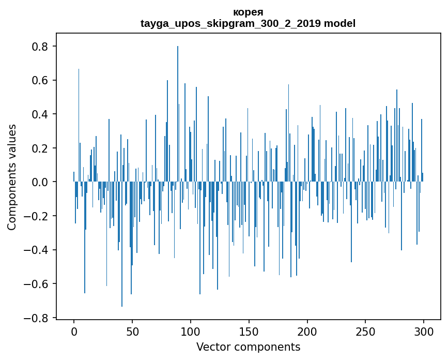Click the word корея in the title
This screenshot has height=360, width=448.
tap(248, 12)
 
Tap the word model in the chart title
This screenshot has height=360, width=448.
tap(339, 23)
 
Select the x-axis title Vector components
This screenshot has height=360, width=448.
tap(248, 347)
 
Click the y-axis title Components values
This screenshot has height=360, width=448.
tap(12, 177)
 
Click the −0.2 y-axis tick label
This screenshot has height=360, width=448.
tap(38, 216)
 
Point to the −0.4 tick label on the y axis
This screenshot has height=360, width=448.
tap(38, 250)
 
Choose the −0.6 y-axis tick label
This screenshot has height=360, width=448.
tap(38, 284)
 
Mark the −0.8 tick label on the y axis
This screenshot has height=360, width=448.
tap(38, 318)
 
